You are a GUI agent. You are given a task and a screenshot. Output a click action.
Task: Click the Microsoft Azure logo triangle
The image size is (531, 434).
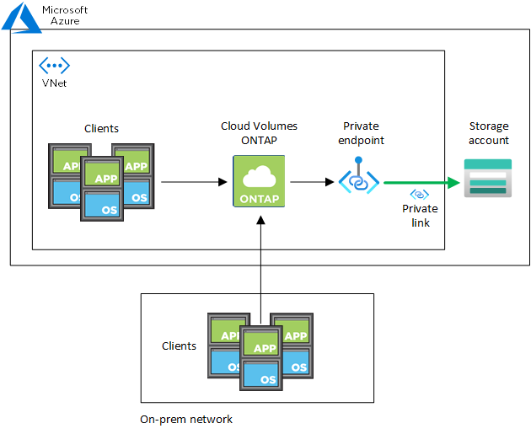[21, 16]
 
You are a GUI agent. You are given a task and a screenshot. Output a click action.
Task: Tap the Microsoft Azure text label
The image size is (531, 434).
[64, 14]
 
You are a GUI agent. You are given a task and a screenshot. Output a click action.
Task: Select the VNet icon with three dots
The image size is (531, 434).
[54, 66]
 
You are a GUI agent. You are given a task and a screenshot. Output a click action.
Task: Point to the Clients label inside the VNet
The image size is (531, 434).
[101, 128]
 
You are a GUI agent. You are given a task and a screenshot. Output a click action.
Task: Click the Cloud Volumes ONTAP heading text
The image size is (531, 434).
[259, 132]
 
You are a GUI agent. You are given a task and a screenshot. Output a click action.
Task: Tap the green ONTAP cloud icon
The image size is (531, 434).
[260, 176]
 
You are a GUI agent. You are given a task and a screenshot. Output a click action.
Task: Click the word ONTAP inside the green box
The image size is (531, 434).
[260, 198]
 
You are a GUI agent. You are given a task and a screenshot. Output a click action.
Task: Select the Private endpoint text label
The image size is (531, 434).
[361, 132]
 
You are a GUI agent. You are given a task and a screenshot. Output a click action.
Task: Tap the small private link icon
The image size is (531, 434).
[419, 195]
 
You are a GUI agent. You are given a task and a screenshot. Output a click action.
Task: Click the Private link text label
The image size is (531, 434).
[420, 216]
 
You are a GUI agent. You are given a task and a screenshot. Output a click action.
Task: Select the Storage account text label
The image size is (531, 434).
[489, 133]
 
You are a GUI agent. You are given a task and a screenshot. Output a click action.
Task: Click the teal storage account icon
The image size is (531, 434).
[488, 177]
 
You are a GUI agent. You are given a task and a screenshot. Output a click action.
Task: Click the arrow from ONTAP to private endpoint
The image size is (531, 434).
[312, 181]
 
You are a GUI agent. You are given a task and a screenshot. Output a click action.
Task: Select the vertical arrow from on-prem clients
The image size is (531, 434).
[260, 261]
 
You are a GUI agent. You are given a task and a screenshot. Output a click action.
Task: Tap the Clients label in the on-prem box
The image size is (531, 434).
[179, 346]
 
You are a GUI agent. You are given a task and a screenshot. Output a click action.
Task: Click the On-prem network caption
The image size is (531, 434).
[186, 419]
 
